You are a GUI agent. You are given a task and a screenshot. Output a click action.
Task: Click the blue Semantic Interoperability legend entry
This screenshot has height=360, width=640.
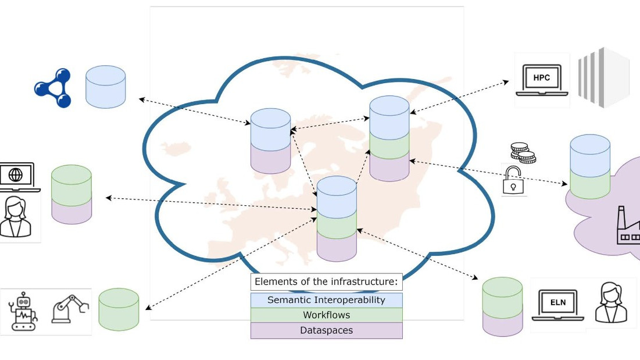(x=327, y=300)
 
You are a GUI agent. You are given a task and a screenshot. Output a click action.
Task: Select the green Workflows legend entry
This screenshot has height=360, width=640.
(x=327, y=315)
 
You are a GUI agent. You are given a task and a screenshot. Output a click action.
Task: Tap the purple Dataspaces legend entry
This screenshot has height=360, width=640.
(x=327, y=330)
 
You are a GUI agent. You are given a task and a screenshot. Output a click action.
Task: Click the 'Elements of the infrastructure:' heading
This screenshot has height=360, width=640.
(x=327, y=281)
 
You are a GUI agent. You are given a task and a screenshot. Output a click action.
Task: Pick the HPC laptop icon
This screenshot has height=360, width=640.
(x=542, y=80)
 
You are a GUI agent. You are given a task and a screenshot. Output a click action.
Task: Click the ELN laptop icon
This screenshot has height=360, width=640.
(x=558, y=305)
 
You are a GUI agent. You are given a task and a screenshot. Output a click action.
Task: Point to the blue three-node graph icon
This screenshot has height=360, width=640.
(x=53, y=88)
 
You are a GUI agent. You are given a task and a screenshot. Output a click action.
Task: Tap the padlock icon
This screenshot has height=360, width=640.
(x=513, y=180)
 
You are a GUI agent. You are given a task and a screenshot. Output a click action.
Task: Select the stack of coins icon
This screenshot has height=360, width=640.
(x=523, y=152)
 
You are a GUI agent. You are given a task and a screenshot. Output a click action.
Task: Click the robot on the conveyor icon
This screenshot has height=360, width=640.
(x=23, y=311)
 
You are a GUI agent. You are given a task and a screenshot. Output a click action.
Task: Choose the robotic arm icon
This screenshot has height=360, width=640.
(x=70, y=309)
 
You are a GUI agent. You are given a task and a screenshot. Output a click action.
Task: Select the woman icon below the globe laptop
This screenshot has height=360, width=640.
(x=16, y=217)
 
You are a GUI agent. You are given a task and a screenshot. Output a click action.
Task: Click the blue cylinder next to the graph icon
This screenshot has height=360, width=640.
(x=106, y=87)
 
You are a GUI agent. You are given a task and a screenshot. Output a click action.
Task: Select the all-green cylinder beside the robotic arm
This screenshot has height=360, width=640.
(x=119, y=309)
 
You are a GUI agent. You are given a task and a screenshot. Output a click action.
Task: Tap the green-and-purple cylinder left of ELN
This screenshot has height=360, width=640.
(x=502, y=307)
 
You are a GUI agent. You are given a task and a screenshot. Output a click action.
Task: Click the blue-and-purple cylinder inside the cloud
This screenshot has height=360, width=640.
(x=271, y=141)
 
